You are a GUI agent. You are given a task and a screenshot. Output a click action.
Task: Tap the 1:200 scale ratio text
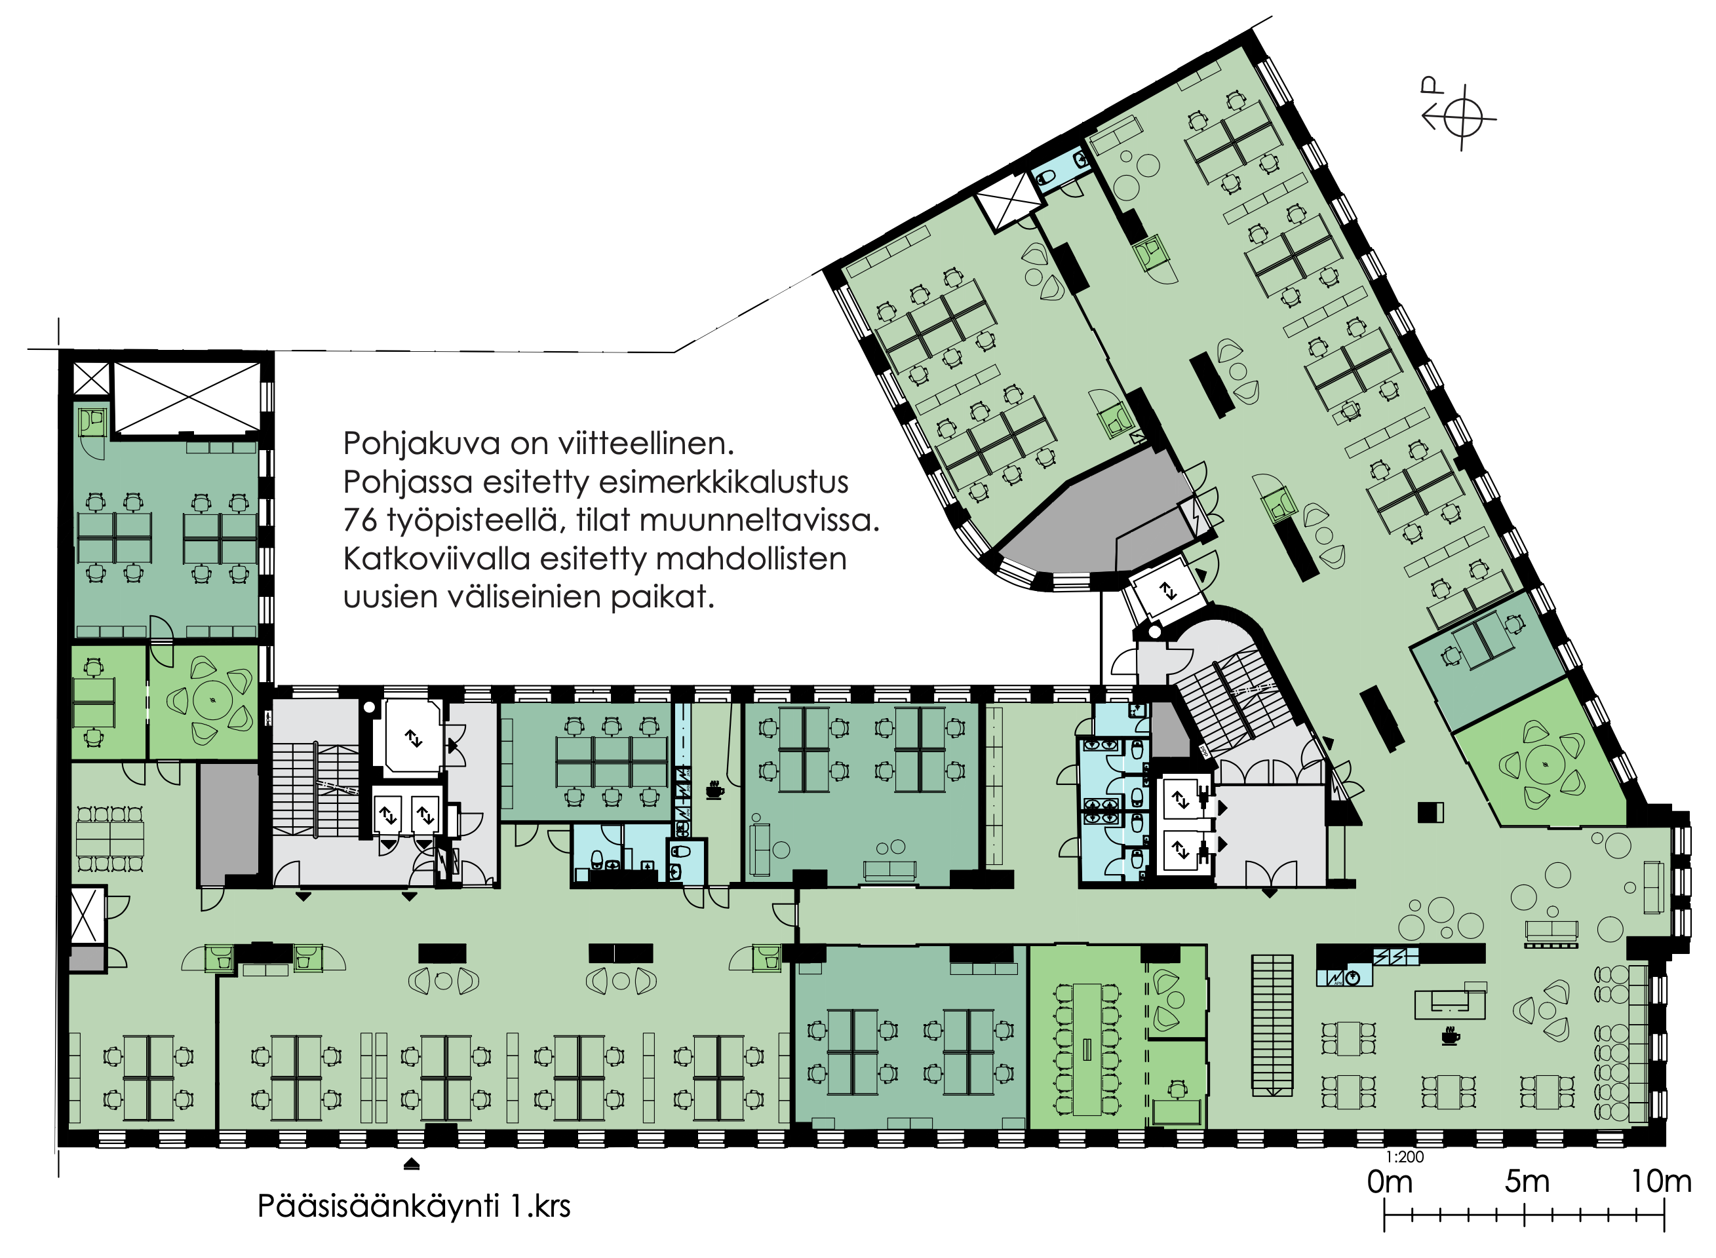(1405, 1156)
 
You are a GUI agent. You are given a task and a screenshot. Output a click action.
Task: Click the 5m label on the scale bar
(1527, 1182)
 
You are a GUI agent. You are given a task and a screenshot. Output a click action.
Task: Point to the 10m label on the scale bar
(1661, 1182)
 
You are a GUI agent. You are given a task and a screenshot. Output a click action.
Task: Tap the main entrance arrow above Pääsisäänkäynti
(411, 1164)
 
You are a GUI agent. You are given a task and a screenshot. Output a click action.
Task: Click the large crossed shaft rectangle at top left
(187, 397)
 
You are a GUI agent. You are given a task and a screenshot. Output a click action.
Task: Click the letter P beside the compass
(1431, 85)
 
